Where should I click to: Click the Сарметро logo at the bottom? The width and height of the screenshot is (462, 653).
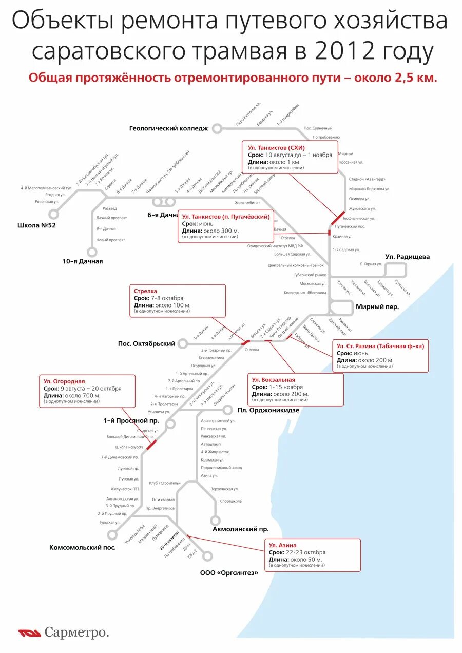(64, 632)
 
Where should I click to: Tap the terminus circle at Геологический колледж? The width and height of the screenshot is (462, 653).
(217, 128)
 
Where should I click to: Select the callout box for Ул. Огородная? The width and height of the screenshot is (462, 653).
(87, 391)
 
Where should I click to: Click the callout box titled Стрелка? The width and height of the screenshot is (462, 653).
(177, 301)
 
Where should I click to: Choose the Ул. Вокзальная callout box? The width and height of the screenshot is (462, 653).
(295, 389)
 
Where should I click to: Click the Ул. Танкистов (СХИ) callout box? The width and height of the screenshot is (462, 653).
(290, 157)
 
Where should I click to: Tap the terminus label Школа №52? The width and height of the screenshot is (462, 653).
(36, 225)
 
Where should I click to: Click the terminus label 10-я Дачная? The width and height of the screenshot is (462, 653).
(83, 261)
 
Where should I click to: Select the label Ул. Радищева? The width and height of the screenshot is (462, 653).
(408, 257)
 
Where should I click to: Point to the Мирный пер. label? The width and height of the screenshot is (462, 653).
(377, 307)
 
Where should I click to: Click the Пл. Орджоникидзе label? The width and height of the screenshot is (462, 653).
(268, 410)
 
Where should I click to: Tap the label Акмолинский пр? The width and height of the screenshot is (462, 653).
(241, 529)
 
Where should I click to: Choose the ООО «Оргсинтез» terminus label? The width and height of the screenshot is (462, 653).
(229, 572)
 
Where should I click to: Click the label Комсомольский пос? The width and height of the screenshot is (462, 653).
(83, 548)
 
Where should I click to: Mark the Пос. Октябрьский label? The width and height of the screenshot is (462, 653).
(146, 343)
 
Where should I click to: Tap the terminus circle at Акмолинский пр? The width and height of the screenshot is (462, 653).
(216, 520)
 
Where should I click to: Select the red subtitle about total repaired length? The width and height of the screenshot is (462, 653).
(233, 78)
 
